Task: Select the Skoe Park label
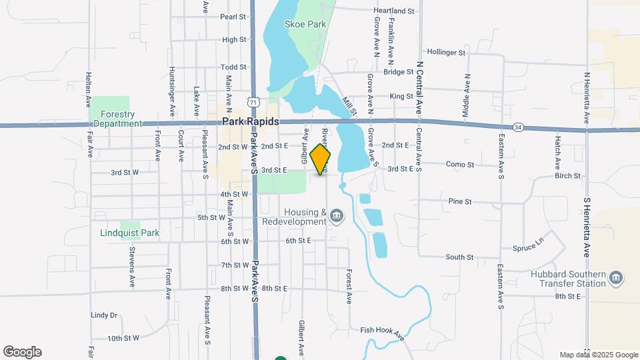[305, 24]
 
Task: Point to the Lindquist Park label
[130, 233]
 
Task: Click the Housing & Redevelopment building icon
[337, 215]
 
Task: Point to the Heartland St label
[394, 11]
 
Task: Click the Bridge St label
[399, 72]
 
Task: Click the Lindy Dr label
[104, 315]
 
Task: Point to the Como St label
[460, 165]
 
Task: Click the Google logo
[22, 352]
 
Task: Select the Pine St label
[460, 201]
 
